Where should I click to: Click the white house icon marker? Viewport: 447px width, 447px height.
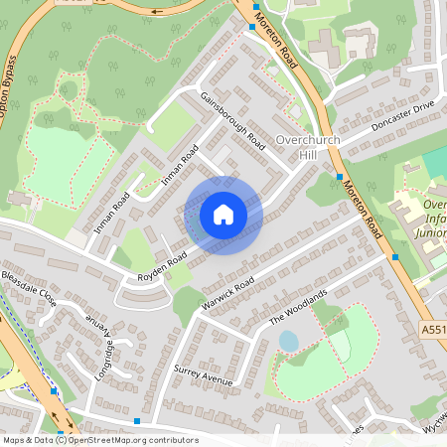[223, 215]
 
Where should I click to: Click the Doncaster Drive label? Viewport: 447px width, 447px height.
[402, 117]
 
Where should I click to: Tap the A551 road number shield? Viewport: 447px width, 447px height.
[433, 329]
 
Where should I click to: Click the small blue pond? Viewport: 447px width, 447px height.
[288, 341]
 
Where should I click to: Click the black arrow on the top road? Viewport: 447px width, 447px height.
[159, 14]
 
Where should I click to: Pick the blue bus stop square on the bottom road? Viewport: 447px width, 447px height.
[136, 421]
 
